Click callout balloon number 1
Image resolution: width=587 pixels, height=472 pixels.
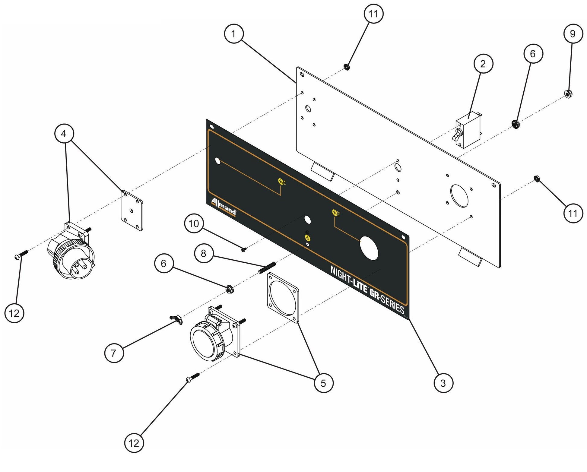click(x=234, y=34)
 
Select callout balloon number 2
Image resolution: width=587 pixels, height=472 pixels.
click(x=483, y=64)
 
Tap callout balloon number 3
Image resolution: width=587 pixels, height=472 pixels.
click(x=443, y=383)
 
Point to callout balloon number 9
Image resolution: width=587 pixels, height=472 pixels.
click(x=573, y=34)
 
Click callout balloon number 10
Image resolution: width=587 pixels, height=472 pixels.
click(x=194, y=223)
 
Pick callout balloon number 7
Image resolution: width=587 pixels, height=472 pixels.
click(x=114, y=353)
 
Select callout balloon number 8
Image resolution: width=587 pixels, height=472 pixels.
click(x=204, y=253)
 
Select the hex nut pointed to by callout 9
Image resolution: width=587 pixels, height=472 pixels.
click(x=568, y=94)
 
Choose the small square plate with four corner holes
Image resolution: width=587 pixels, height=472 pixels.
click(x=132, y=210)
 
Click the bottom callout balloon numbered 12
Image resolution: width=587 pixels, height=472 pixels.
click(x=134, y=443)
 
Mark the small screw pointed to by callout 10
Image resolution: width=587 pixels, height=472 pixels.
click(x=244, y=249)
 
